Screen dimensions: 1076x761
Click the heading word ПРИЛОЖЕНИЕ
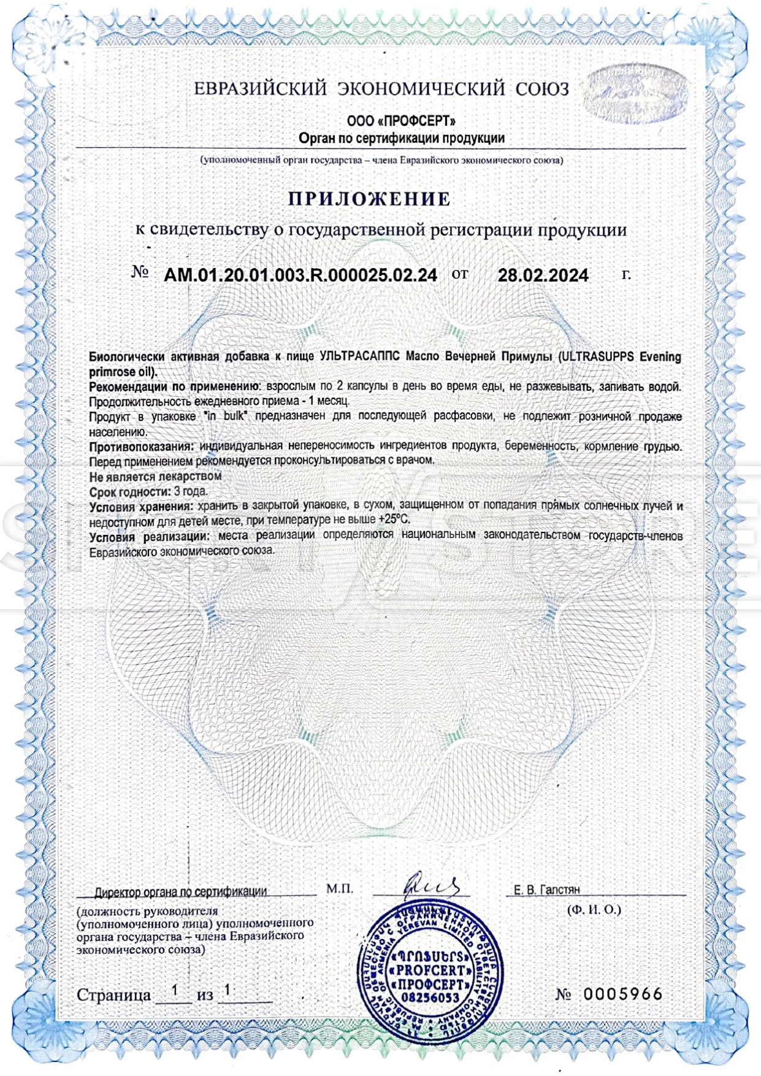click(x=370, y=199)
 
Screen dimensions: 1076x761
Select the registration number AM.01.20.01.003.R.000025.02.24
click(x=300, y=275)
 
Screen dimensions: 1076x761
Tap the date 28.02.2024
click(x=543, y=275)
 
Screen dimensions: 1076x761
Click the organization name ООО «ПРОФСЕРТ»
click(x=401, y=120)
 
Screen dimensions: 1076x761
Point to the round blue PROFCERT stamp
click(x=429, y=975)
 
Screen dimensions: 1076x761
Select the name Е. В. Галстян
click(x=546, y=890)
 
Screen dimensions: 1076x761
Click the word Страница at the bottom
click(x=113, y=995)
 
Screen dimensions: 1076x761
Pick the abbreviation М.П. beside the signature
click(x=340, y=889)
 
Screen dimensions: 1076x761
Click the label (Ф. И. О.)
click(x=594, y=910)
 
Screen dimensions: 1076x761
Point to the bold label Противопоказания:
click(x=142, y=447)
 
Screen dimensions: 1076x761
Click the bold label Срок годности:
click(x=130, y=491)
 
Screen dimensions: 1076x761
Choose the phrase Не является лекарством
click(x=155, y=476)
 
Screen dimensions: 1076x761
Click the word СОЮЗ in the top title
click(x=541, y=89)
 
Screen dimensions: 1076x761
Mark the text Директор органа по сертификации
click(x=180, y=891)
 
